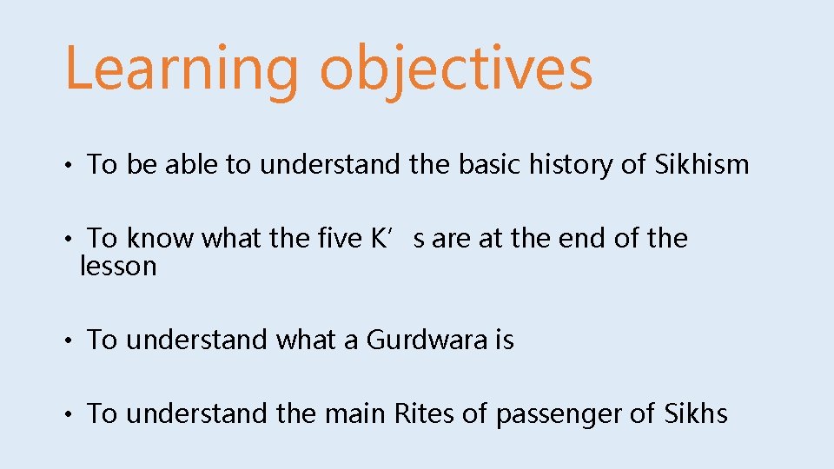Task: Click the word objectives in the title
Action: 456,69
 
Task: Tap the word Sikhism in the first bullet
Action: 700,164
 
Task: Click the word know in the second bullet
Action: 161,238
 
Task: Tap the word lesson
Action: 118,266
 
